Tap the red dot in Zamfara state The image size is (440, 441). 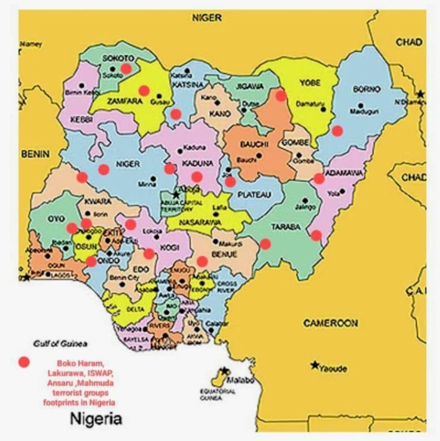(x=144, y=90)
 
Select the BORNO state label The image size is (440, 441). (x=366, y=90)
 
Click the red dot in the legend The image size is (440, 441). (x=25, y=363)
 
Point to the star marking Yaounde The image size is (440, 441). (x=315, y=365)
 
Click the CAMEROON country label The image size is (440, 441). (x=330, y=323)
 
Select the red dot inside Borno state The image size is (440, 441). (x=337, y=130)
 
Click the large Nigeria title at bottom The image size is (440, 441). (x=96, y=418)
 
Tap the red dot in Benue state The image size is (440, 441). (x=202, y=261)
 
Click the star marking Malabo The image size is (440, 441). (x=225, y=371)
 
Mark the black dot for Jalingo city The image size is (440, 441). (x=305, y=200)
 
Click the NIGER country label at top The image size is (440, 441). (x=207, y=18)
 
